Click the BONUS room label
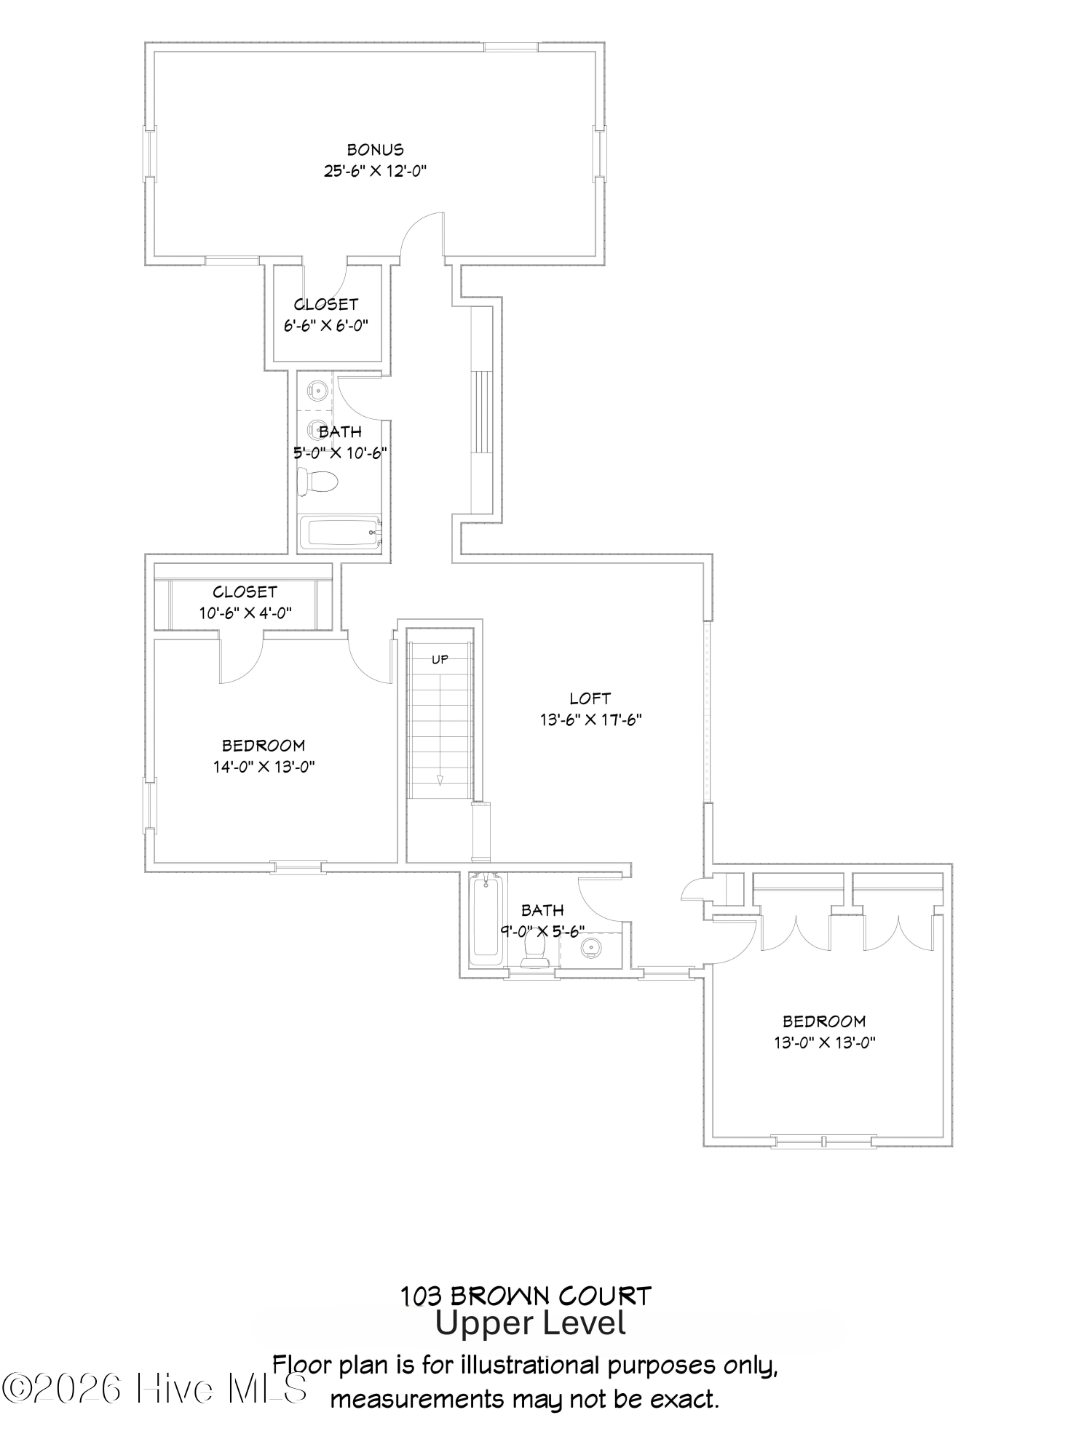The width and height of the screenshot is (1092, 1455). [x=375, y=150]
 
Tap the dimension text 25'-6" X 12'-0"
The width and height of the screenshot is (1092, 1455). [x=375, y=172]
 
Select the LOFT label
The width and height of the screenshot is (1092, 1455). [x=590, y=698]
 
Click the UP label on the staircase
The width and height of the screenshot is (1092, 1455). [x=440, y=660]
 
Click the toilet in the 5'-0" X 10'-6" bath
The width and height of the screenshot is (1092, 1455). [x=318, y=481]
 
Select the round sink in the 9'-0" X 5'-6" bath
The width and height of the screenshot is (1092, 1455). [x=590, y=948]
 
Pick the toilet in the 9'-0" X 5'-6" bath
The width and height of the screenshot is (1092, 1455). [x=535, y=949]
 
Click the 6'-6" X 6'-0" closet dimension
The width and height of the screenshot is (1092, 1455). [x=326, y=325]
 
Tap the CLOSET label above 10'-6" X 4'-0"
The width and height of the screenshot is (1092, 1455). [x=245, y=592]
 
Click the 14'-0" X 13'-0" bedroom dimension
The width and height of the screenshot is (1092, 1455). [x=264, y=767]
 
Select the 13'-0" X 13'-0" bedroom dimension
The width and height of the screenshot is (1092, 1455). [x=824, y=1043]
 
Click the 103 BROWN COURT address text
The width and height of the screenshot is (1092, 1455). [x=526, y=1296]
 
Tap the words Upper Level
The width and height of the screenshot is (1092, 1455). [x=530, y=1323]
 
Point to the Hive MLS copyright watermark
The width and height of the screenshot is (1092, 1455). [x=154, y=1388]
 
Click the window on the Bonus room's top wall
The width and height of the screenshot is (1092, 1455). [x=511, y=47]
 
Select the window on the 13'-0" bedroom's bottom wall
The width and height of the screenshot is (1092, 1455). [x=823, y=1141]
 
